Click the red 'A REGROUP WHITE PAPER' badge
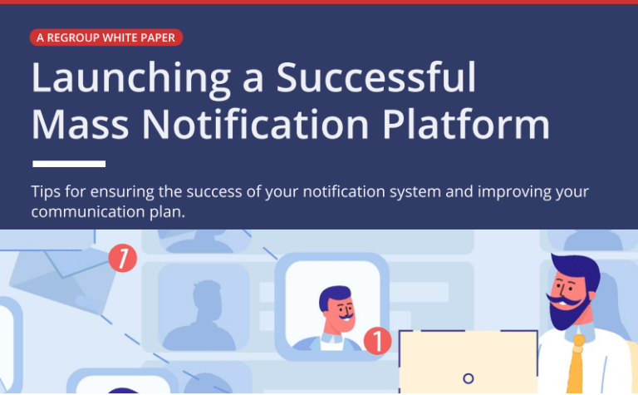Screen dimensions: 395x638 coord(106,37)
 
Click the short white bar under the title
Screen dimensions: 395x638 coord(68,164)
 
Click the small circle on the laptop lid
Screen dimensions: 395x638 coord(468,378)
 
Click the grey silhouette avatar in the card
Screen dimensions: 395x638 coord(203,312)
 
